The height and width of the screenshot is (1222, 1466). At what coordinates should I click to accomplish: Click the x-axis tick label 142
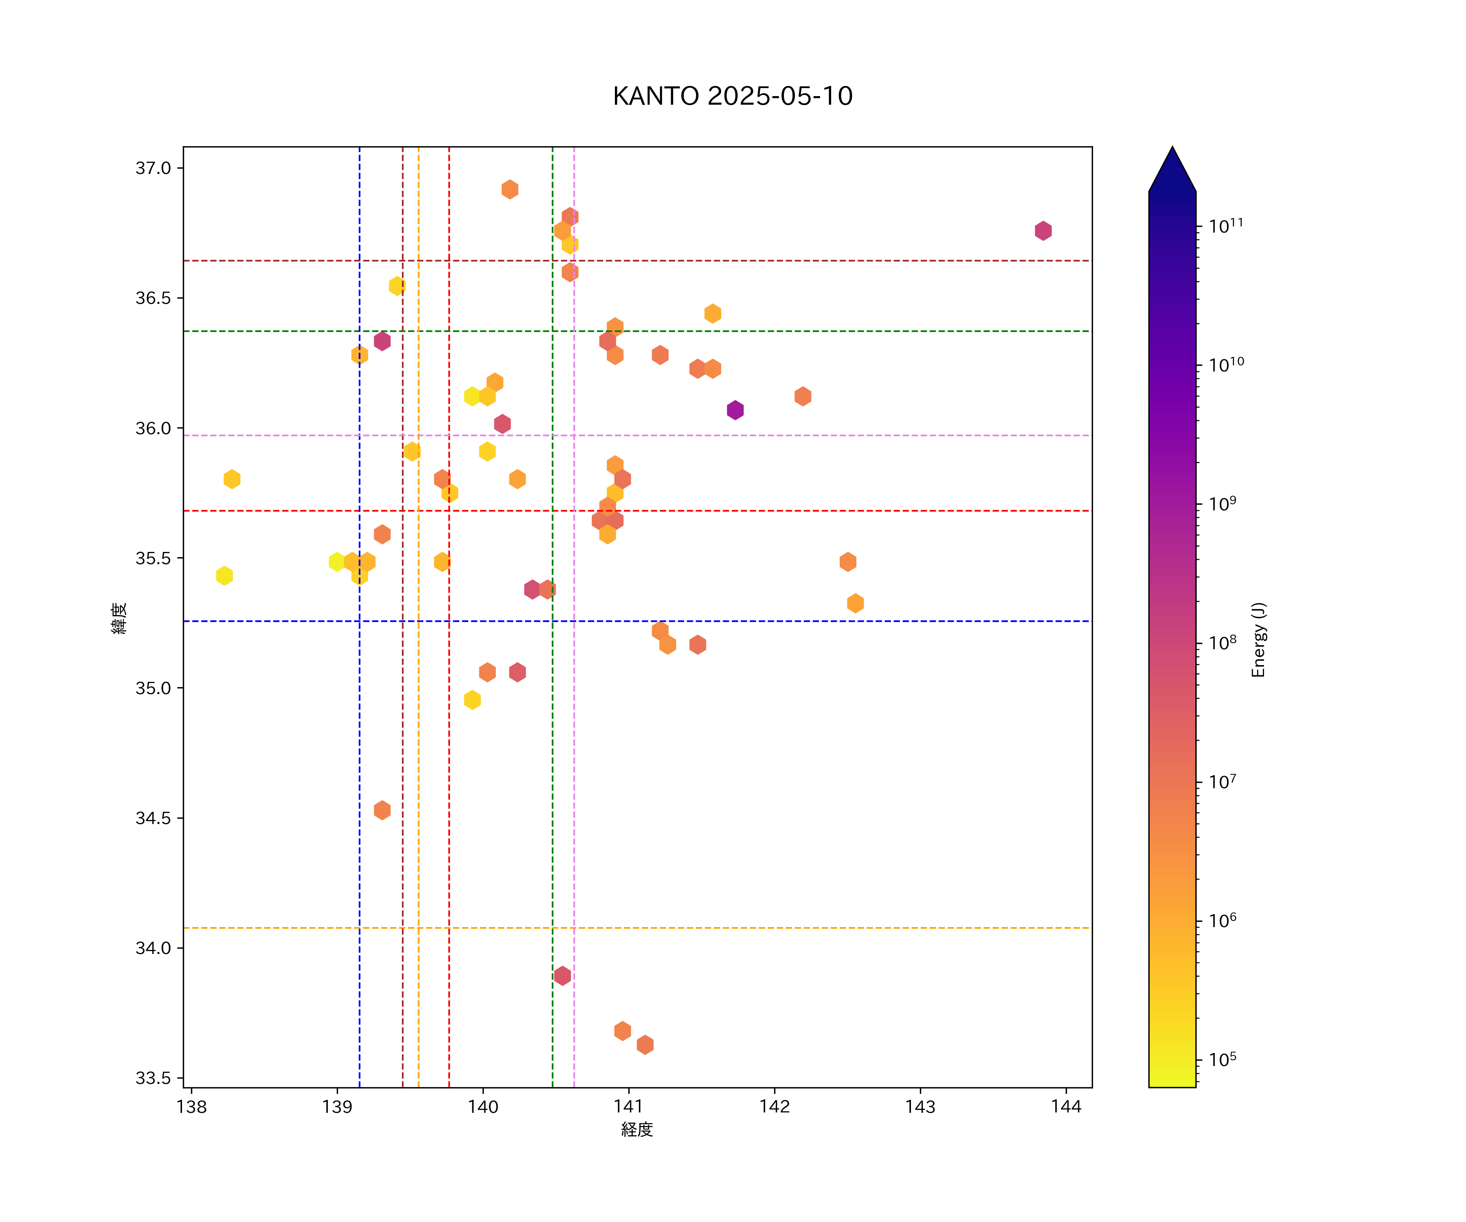(774, 1107)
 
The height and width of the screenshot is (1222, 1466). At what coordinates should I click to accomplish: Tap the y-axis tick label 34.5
(153, 818)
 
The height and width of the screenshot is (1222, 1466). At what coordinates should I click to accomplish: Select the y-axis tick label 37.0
(153, 168)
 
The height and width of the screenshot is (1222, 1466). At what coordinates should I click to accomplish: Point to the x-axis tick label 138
(191, 1107)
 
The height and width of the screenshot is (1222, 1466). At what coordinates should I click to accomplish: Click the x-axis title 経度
(636, 1130)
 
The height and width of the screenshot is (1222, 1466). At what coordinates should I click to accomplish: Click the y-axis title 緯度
(120, 618)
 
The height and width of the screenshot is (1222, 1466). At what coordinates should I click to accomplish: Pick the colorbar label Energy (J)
(1258, 640)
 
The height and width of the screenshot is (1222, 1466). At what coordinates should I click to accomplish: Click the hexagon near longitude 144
(1043, 231)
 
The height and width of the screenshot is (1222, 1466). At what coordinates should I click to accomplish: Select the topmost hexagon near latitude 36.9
(509, 189)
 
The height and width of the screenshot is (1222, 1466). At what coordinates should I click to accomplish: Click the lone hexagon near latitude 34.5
(382, 810)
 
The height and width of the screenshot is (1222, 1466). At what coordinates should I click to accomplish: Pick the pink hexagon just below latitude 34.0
(562, 976)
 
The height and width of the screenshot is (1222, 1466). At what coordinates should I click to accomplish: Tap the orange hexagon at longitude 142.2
(803, 397)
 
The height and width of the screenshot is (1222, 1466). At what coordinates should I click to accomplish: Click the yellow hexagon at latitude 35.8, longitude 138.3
(232, 479)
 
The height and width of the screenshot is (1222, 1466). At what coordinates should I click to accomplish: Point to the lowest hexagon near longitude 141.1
(645, 1045)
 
